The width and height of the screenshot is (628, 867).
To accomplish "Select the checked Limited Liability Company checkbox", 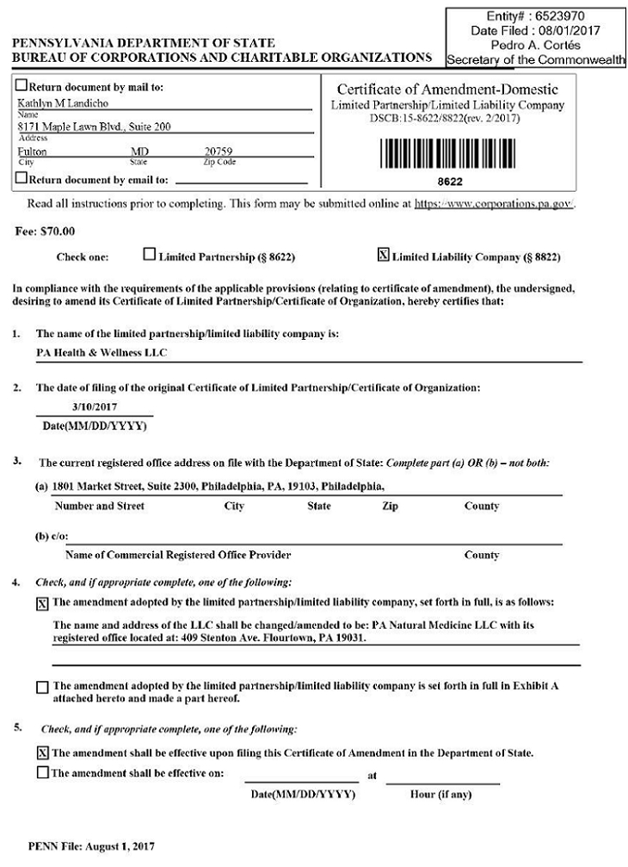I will tap(384, 255).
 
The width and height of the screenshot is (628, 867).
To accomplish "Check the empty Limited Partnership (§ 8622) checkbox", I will tap(150, 255).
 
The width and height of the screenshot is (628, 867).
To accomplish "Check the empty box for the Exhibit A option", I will tap(43, 687).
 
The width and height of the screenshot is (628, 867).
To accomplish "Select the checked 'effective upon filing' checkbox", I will tap(43, 753).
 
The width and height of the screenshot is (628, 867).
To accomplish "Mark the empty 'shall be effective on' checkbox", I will tap(43, 772).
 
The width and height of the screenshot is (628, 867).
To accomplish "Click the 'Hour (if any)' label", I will tap(443, 794).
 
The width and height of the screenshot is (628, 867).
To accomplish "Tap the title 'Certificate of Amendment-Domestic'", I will tap(447, 90).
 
